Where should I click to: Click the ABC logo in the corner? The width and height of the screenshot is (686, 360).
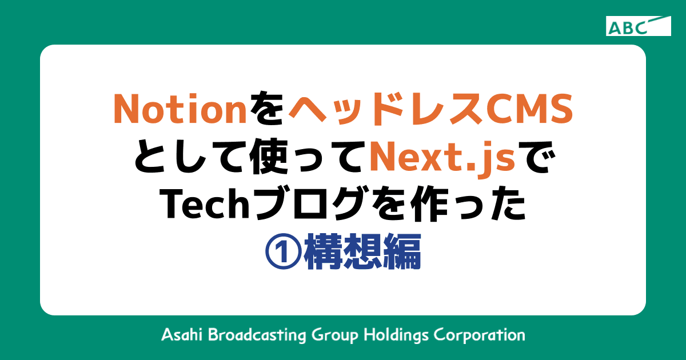[639, 26]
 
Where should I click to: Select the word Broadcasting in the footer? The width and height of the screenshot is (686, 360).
[257, 334]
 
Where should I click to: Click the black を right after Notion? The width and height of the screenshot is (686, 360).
[268, 109]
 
